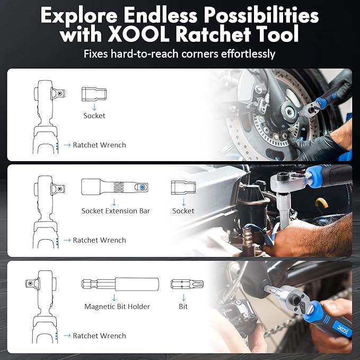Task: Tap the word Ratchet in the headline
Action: click(x=214, y=34)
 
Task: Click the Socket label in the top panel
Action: click(x=94, y=116)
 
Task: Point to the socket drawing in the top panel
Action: click(x=94, y=94)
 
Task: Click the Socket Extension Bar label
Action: click(x=116, y=211)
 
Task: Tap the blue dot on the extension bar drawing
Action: click(x=142, y=187)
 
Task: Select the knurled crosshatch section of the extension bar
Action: click(x=119, y=187)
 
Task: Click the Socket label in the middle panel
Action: click(x=183, y=211)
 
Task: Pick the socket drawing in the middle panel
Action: click(x=183, y=187)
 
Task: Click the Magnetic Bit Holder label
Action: click(x=117, y=306)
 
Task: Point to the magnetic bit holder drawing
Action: click(x=120, y=284)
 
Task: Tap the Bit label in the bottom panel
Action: click(x=183, y=306)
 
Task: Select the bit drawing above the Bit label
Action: click(x=187, y=284)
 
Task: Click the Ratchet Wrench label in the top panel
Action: click(x=100, y=145)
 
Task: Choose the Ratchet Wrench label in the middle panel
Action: click(x=100, y=240)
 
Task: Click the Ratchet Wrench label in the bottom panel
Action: click(x=100, y=336)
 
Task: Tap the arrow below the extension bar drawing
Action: click(x=114, y=202)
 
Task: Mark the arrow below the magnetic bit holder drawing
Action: click(x=114, y=297)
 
